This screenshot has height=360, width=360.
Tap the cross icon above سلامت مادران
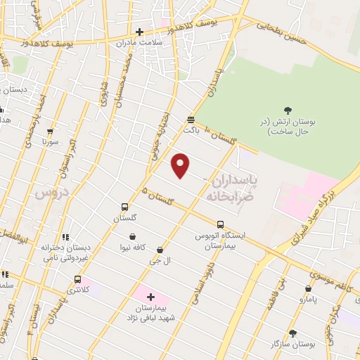tap(139, 32)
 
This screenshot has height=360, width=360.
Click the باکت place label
tap(191, 129)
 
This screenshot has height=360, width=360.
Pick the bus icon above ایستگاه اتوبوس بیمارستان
tap(220, 225)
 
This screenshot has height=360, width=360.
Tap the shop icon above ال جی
tap(160, 250)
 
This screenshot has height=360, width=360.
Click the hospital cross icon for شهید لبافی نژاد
tap(150, 297)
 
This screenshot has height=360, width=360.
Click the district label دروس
tap(52, 192)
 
